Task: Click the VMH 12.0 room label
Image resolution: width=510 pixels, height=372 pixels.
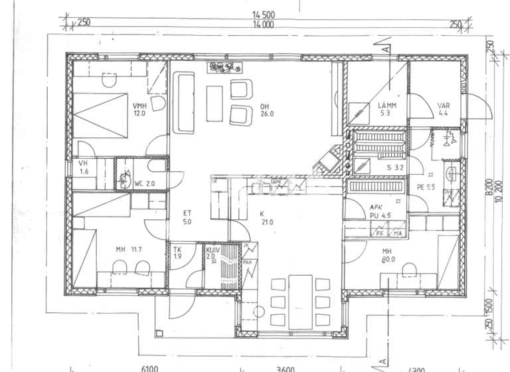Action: (139, 110)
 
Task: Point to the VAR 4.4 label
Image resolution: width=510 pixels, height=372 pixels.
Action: (444, 110)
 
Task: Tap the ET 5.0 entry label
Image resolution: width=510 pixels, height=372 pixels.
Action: (188, 217)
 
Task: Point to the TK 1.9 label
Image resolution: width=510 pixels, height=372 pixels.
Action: (177, 252)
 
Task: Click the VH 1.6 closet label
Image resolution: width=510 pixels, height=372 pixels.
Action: (84, 167)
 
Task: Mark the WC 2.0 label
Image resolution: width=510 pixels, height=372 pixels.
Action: (145, 183)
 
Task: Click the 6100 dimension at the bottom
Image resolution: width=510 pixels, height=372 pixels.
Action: (150, 367)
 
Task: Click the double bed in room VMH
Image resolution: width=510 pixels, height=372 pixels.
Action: (100, 115)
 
